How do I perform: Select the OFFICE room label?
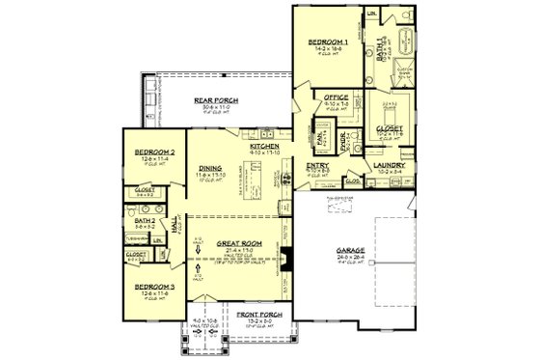tap(336, 97)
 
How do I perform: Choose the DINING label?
tap(207, 166)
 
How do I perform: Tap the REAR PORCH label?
tap(217, 99)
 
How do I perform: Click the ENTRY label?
tap(318, 165)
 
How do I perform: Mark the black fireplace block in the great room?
tap(285, 259)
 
